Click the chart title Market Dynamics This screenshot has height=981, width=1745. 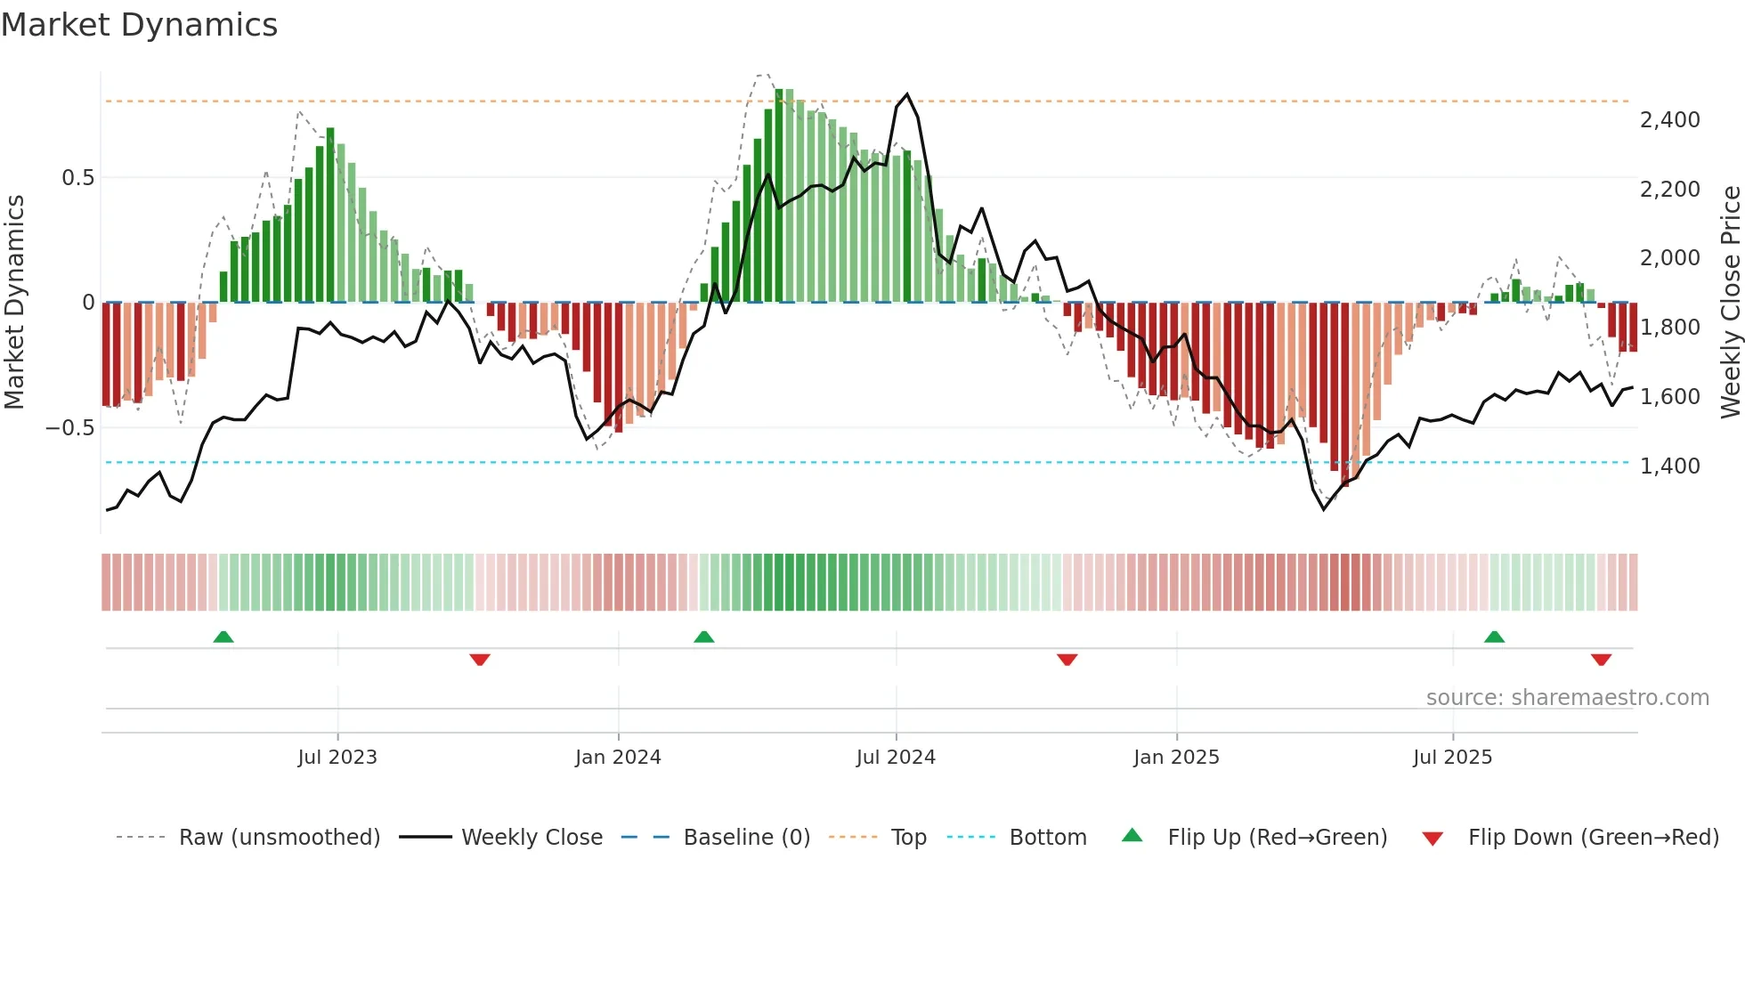[139, 25]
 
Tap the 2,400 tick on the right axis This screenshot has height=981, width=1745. [1669, 120]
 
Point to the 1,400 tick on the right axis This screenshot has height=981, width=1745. [1669, 466]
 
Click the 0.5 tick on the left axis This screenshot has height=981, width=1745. [77, 178]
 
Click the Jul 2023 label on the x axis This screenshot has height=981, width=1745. [337, 758]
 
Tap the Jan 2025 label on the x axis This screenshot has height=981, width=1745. [1176, 758]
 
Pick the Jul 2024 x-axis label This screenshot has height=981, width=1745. [896, 758]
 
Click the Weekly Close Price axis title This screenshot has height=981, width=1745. [1730, 302]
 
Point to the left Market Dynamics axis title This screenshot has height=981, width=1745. [14, 302]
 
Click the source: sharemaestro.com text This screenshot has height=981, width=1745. [1567, 698]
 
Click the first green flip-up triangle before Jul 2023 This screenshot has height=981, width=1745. [223, 637]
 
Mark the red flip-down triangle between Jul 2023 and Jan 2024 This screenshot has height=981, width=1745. [480, 660]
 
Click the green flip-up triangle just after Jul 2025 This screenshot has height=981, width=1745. [1494, 637]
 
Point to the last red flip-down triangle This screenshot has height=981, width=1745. [1601, 660]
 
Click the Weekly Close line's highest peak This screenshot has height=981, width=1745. [906, 94]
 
